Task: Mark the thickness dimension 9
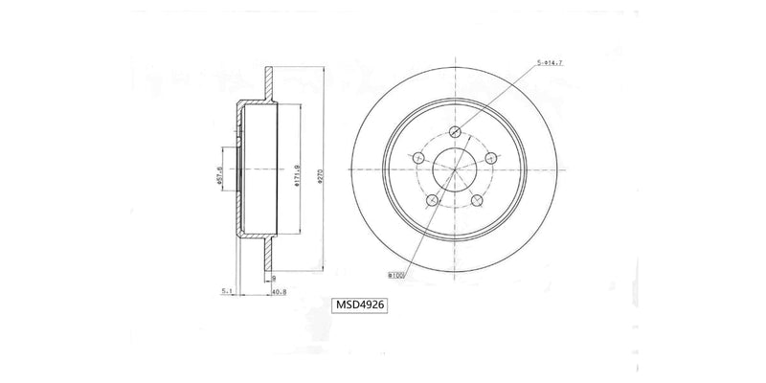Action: coord(273,276)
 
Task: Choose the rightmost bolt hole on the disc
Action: coord(490,157)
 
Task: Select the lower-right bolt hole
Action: coord(476,200)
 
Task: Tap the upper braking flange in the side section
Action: coord(271,81)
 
